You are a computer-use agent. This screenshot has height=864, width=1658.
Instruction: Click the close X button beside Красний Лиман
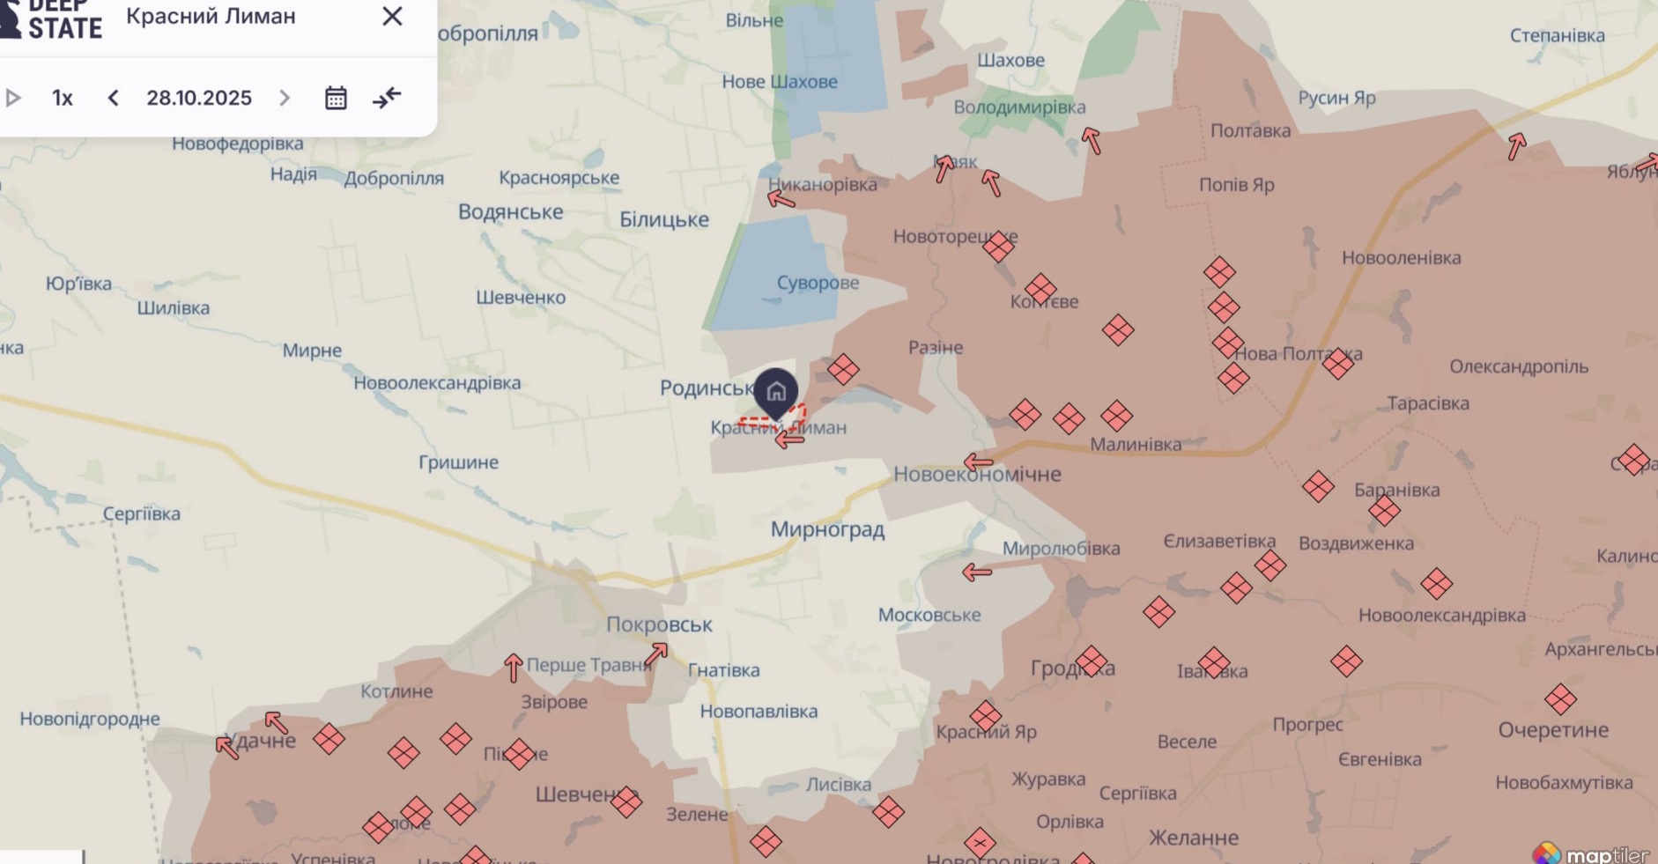click(x=392, y=17)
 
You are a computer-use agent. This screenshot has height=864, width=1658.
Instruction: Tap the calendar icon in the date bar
click(x=336, y=98)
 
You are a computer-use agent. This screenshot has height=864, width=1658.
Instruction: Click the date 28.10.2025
click(x=199, y=98)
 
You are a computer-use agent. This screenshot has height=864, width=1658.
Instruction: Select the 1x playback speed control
click(x=62, y=98)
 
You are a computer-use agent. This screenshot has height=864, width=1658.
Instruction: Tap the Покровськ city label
click(x=659, y=624)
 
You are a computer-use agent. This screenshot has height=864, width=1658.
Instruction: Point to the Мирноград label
click(x=827, y=529)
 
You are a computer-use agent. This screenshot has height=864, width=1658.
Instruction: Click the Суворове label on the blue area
click(x=818, y=283)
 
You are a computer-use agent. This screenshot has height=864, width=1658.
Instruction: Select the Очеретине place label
click(x=1553, y=729)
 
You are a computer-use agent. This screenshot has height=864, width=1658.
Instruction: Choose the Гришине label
click(x=458, y=462)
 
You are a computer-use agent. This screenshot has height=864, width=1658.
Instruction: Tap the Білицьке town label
click(x=663, y=219)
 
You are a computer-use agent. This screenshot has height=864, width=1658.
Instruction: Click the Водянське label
click(x=510, y=211)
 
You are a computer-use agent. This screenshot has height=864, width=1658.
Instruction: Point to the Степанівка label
click(x=1557, y=36)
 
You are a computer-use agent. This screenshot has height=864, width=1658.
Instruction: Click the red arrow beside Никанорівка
click(x=781, y=200)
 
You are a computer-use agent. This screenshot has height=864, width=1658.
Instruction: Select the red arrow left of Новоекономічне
click(x=977, y=462)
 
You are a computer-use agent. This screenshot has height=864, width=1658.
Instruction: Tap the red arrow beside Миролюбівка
click(x=976, y=572)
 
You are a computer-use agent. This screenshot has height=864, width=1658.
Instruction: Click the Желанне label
click(x=1193, y=838)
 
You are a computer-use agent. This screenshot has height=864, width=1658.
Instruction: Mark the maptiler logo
click(x=1595, y=854)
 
